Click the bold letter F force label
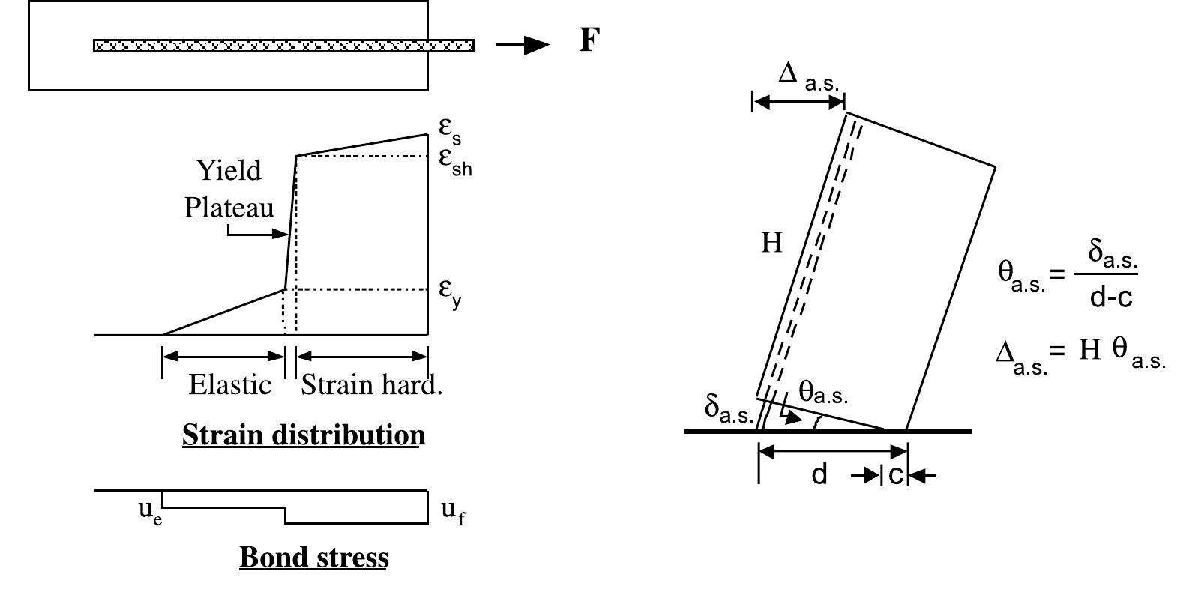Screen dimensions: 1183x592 point(589,40)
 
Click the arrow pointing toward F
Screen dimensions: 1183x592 point(523,45)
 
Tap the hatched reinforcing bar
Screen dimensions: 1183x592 point(283,46)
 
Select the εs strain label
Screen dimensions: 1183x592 point(450,130)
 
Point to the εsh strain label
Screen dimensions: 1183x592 point(455,161)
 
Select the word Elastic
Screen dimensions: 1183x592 point(230,384)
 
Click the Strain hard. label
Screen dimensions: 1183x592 point(371,384)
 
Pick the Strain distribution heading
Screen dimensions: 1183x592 point(304,435)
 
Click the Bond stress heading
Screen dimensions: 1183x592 point(314,557)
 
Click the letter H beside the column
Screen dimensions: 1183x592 point(771,243)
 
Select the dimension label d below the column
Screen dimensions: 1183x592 point(819,474)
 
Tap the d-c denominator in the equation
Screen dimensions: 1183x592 point(1111,297)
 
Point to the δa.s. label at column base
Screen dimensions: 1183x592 point(729,411)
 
